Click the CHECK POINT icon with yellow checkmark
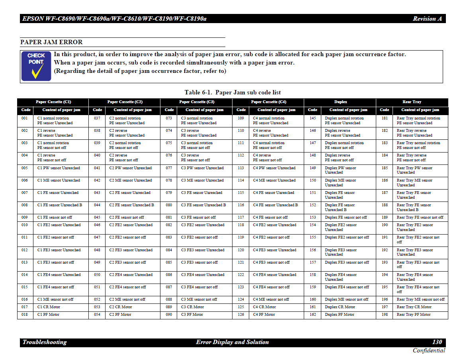click(x=36, y=66)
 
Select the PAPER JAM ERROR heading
click(x=51, y=42)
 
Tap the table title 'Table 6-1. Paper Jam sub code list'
click(x=232, y=92)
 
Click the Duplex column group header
click(x=340, y=102)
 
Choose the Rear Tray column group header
click(x=412, y=102)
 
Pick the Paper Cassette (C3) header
click(x=197, y=102)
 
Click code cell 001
click(x=25, y=118)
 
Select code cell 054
click(x=97, y=315)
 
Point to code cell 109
click(x=241, y=118)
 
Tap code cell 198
click(x=385, y=315)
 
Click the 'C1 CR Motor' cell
click(x=49, y=307)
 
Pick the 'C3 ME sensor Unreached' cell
click(x=202, y=180)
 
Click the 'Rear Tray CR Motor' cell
click(x=414, y=307)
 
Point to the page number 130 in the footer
click(x=437, y=342)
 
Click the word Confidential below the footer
click(x=429, y=350)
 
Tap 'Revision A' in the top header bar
click(x=427, y=19)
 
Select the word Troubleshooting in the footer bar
click(x=45, y=342)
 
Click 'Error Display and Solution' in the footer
click(x=232, y=342)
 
